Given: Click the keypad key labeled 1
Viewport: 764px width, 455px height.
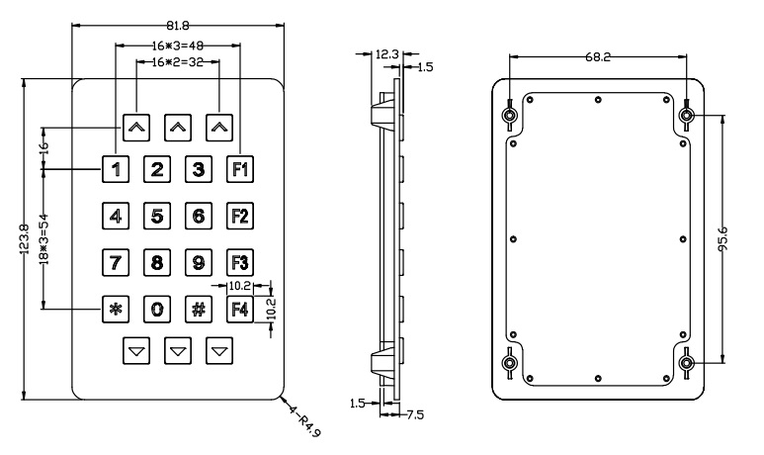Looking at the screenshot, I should [116, 168].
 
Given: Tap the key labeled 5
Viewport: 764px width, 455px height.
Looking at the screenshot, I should [157, 215].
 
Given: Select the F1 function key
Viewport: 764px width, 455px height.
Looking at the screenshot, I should [240, 168].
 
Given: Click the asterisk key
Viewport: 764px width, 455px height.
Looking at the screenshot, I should [116, 308].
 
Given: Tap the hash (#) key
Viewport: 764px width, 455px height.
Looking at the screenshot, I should [199, 308].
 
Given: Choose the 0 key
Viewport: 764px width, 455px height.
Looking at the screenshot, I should [157, 308].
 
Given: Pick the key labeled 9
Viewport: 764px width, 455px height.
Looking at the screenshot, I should [199, 262].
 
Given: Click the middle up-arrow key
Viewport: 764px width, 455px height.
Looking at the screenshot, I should [177, 127].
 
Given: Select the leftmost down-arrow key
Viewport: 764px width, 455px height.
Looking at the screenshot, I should [135, 349].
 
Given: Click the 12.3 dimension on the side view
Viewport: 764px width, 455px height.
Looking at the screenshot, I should [388, 56].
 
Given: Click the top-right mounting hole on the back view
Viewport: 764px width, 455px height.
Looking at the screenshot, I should [687, 117].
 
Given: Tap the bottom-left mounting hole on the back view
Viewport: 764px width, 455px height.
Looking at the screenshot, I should [509, 363].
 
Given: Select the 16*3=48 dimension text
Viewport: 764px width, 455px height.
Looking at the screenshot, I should [176, 45].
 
